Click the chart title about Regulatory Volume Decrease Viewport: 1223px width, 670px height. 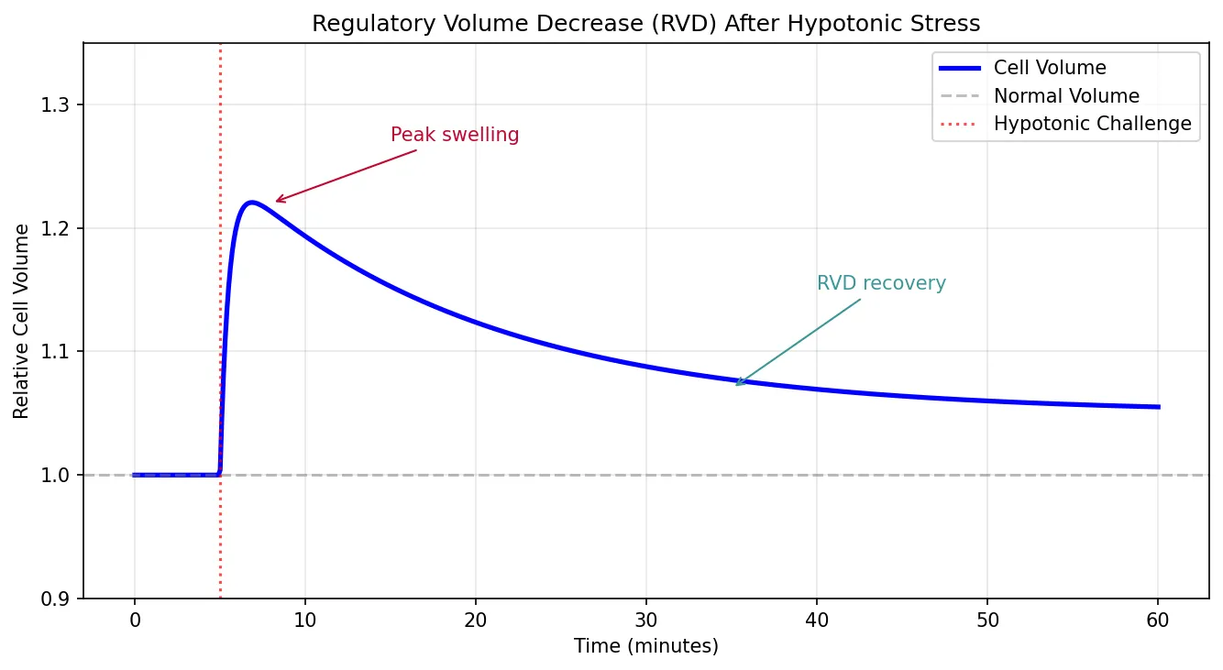tap(645, 24)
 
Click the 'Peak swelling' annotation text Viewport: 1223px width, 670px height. tap(455, 136)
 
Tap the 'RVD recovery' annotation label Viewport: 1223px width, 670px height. tap(881, 284)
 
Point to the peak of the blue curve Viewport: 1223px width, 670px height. tap(250, 203)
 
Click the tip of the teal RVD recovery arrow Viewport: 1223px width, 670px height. tap(736, 385)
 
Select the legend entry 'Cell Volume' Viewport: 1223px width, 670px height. tap(1050, 68)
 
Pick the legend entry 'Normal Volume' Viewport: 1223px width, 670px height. tap(1066, 96)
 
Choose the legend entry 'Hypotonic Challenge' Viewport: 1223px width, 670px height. tap(1092, 125)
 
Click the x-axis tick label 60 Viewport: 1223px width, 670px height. tap(1158, 620)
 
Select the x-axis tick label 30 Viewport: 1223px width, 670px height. tap(646, 620)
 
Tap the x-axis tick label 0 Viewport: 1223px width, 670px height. tap(135, 620)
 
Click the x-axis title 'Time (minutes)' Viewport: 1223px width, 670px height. tap(645, 646)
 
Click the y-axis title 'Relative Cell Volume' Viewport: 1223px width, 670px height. tap(21, 320)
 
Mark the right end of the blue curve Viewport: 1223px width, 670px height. tap(1159, 407)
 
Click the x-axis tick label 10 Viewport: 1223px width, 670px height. tap(305, 620)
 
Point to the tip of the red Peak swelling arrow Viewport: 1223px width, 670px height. tap(276, 202)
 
